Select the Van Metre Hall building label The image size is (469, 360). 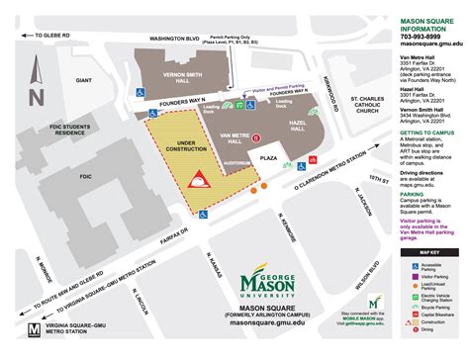pos(235,140)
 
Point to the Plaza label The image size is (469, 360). pos(266,156)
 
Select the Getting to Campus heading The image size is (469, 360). pos(426,134)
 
